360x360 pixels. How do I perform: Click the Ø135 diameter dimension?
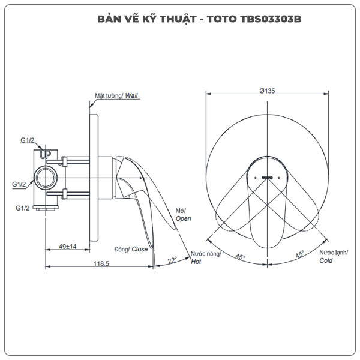pyautogui.click(x=267, y=91)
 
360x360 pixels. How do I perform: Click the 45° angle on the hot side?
pyautogui.click(x=241, y=256)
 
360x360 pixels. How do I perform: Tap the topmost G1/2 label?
pyautogui.click(x=27, y=140)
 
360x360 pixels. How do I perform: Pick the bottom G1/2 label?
pyautogui.click(x=23, y=208)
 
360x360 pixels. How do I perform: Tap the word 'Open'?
pyautogui.click(x=183, y=219)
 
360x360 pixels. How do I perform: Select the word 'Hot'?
pyautogui.click(x=196, y=262)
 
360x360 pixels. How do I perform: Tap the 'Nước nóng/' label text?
pyautogui.click(x=206, y=254)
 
